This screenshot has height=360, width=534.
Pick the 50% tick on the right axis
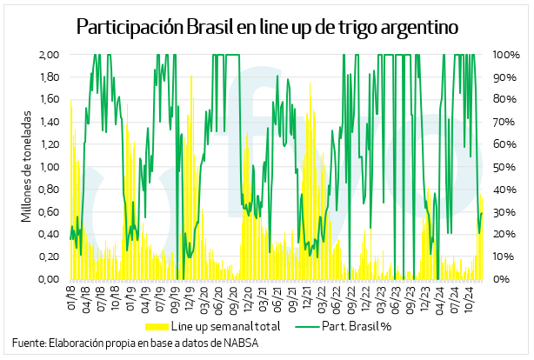click(504, 167)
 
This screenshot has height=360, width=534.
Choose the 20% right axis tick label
click(504, 235)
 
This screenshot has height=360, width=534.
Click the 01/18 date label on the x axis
click(71, 297)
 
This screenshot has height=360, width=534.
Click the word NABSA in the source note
click(241, 343)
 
